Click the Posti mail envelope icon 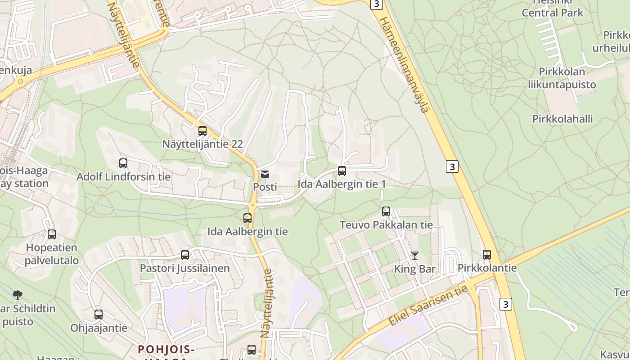tap(265, 174)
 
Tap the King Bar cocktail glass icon tap(415, 256)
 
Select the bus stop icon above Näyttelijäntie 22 tap(202, 131)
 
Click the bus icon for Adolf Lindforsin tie tap(123, 163)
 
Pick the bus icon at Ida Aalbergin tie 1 tap(342, 171)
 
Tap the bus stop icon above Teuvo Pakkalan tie tap(386, 211)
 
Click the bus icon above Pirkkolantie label tap(487, 255)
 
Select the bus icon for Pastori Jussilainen tap(185, 255)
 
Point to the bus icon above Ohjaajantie tap(99, 315)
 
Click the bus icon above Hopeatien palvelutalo tap(52, 234)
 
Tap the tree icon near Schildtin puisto tap(18, 295)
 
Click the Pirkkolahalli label tap(562, 119)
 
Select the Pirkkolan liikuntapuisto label tap(562, 78)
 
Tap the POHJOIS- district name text tap(166, 349)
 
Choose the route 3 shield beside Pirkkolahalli tap(452, 166)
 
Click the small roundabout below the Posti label tap(252, 205)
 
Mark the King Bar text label tap(415, 269)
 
